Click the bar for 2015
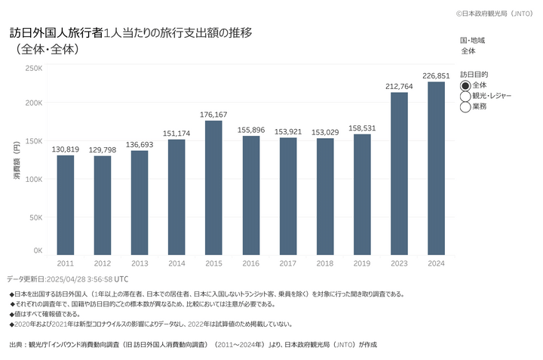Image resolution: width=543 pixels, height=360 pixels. [213, 188]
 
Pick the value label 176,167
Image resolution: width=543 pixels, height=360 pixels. [213, 114]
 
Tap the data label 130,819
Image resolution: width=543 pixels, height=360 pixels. [66, 149]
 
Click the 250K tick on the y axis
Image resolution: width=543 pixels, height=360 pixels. [34, 68]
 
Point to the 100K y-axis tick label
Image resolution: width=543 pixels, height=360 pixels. [34, 179]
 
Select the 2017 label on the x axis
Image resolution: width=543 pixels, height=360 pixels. [288, 263]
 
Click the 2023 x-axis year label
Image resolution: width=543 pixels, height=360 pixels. [399, 263]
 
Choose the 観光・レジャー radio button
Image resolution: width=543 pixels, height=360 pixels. [465, 96]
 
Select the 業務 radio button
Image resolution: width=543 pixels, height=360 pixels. [465, 107]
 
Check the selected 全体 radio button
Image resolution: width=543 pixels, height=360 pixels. [465, 85]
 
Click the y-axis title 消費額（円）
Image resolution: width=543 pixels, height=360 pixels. [17, 163]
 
